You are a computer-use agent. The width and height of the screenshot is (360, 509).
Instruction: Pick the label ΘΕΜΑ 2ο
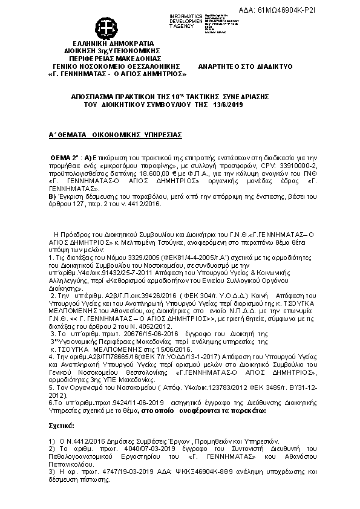click(x=64, y=156)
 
